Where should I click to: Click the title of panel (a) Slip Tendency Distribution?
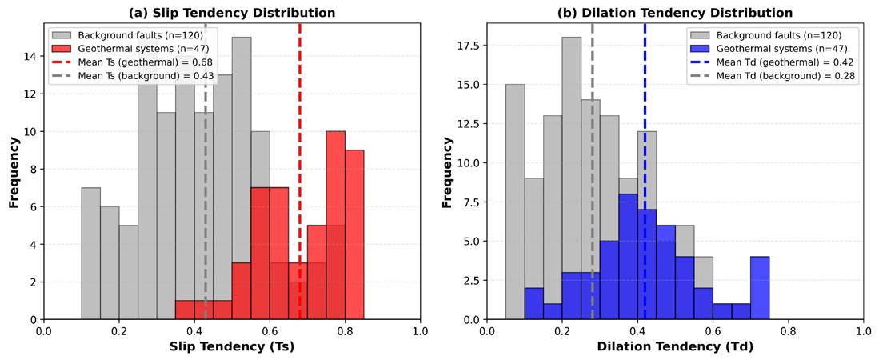[232, 13]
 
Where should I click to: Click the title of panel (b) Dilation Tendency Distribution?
[675, 13]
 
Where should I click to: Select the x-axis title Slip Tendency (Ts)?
[232, 347]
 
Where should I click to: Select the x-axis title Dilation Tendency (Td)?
[675, 347]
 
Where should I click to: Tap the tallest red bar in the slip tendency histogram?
[335, 224]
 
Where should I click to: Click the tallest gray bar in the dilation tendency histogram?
[572, 176]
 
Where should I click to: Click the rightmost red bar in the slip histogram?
[354, 232]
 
